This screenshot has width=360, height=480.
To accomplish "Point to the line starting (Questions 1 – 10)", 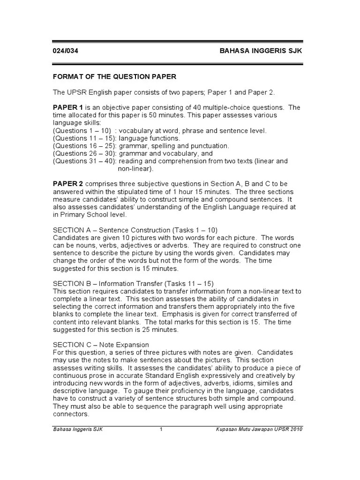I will pos(82,131).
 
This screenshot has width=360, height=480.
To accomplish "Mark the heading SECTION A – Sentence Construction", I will pos(122,230).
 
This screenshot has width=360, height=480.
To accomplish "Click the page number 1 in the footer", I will pos(161,429).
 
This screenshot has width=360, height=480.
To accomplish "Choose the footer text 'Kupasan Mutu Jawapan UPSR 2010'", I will pos(259,429).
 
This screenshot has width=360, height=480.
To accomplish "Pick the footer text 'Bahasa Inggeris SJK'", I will pos(77,429).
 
